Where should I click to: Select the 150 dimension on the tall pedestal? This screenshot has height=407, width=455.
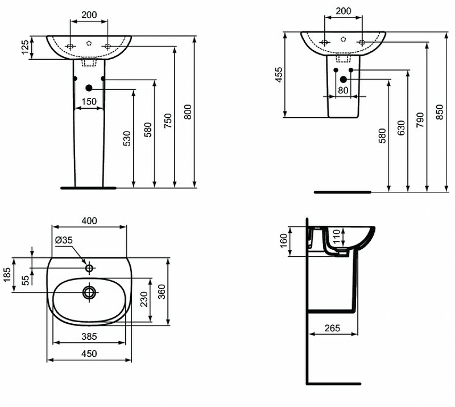88,102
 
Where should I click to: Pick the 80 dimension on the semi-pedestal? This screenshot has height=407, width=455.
343,90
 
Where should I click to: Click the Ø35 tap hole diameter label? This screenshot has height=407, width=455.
64,240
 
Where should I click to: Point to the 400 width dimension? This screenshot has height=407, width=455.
89,221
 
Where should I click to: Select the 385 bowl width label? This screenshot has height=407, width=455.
89,336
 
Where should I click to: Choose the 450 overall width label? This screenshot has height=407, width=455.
89,353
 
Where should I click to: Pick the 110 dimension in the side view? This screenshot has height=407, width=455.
336,235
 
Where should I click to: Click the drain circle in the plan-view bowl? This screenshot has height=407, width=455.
89,293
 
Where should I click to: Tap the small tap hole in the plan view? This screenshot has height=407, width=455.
89,268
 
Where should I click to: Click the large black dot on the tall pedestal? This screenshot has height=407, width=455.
89,88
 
